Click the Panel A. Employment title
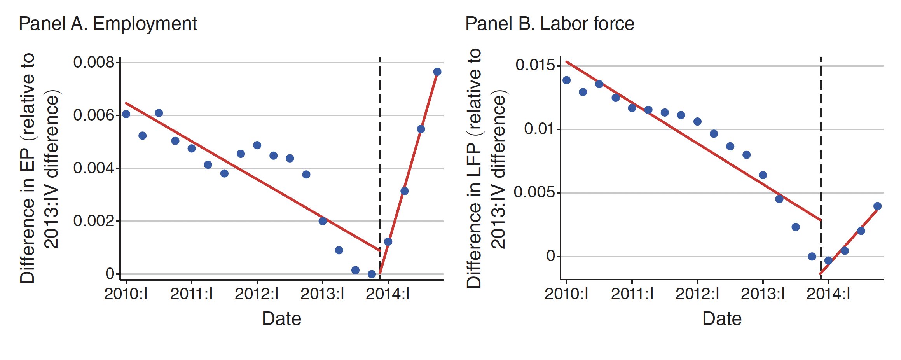coord(108,24)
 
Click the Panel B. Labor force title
coord(550,24)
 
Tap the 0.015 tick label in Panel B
coord(535,65)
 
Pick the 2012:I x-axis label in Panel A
coord(257,294)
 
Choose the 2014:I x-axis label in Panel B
coord(828,294)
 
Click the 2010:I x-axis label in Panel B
coord(566,294)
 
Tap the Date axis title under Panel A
coord(281,319)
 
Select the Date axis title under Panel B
coord(722,319)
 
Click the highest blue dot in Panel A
coord(437,72)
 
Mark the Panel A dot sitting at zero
coord(372,274)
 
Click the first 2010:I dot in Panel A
coord(126,114)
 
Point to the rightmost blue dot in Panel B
coord(877,206)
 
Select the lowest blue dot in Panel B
coord(828,260)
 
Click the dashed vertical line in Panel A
coord(380,156)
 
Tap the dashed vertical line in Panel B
coord(821,156)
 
